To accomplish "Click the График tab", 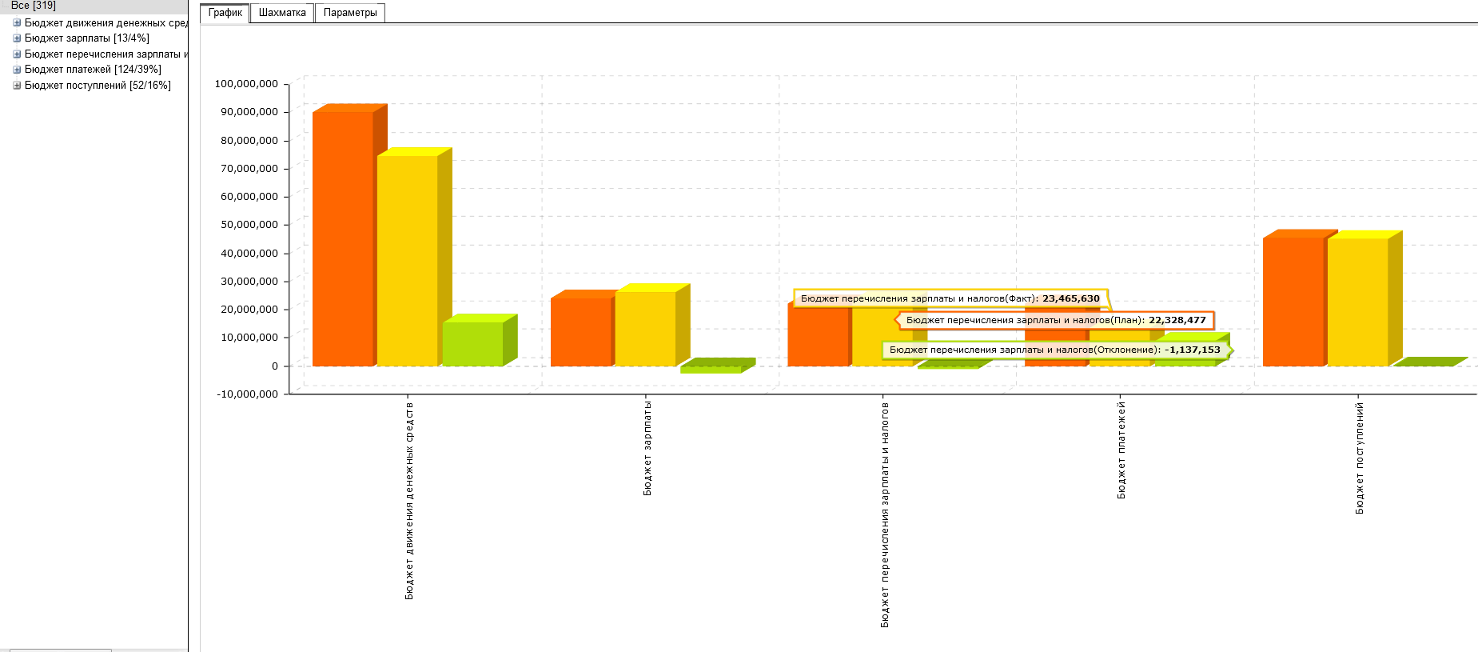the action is click(225, 13).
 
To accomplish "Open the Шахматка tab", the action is click(282, 13).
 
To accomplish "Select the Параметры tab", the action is click(350, 13).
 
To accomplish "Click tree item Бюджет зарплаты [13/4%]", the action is click(86, 38).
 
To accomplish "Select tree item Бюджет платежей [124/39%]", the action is click(93, 70).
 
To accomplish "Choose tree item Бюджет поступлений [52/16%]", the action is click(98, 86).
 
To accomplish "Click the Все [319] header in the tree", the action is click(34, 6).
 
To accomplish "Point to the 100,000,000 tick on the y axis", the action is click(246, 84).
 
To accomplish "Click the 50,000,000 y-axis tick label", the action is click(249, 225).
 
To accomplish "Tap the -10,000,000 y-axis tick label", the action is click(248, 394).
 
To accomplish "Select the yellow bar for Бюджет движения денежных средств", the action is click(408, 260).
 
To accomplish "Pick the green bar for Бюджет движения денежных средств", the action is click(473, 344).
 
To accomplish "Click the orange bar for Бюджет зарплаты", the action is click(581, 331).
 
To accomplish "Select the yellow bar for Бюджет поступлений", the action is click(1358, 302).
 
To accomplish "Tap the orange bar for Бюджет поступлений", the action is click(1293, 301).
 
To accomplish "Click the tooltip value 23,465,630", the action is click(1071, 298).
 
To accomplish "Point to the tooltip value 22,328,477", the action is click(1177, 320).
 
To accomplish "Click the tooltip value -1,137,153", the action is click(1193, 350).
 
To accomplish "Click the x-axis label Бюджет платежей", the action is click(1121, 450).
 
